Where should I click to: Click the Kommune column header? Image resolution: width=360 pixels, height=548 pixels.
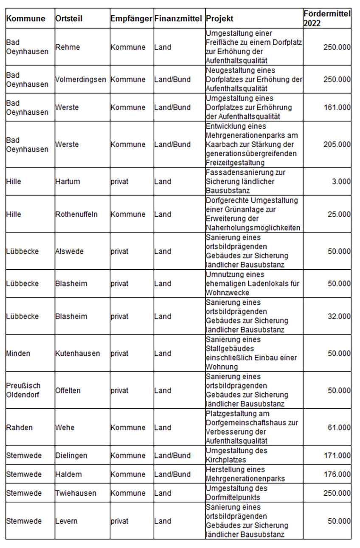pos(26,19)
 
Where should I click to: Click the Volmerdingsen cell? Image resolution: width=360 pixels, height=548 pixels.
pos(81,79)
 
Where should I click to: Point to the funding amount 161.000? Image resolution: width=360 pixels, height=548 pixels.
pos(337,107)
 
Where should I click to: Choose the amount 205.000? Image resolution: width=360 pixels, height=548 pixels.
pos(337,144)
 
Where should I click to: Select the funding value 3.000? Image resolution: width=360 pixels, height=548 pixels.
pos(341,181)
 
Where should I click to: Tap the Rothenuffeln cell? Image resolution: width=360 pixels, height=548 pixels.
pos(76,214)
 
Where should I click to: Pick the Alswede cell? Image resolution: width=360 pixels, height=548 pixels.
pos(69,251)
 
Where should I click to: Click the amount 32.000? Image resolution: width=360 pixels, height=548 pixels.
pos(339,316)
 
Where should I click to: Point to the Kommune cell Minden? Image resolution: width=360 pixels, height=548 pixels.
pos(18,353)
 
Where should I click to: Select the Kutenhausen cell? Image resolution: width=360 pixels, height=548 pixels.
pos(78,353)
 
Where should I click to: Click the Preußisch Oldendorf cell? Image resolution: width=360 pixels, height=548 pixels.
pos(23,390)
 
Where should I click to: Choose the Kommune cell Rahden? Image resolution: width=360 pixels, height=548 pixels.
pos(19,427)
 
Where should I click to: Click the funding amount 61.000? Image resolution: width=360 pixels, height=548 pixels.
pos(339,427)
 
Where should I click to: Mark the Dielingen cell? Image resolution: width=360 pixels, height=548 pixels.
pos(71,455)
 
